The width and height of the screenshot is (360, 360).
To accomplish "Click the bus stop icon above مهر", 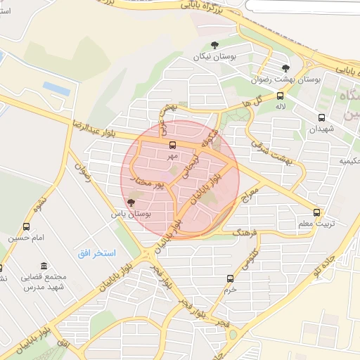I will pyautogui.click(x=172, y=144).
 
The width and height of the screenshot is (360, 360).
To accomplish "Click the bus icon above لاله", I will pyautogui.click(x=280, y=96).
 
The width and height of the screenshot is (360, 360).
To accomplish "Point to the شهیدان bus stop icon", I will pyautogui.click(x=321, y=118).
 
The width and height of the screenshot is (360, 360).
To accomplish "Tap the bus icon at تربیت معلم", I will pyautogui.click(x=317, y=212).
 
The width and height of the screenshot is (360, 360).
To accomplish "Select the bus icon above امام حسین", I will pyautogui.click(x=27, y=227).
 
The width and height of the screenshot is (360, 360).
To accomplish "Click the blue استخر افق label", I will pyautogui.click(x=96, y=252).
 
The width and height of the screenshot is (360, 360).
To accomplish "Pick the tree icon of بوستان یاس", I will pyautogui.click(x=131, y=202).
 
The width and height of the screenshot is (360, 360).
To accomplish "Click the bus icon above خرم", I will pyautogui.click(x=230, y=278).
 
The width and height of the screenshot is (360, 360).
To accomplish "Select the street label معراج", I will pyautogui.click(x=250, y=195).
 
